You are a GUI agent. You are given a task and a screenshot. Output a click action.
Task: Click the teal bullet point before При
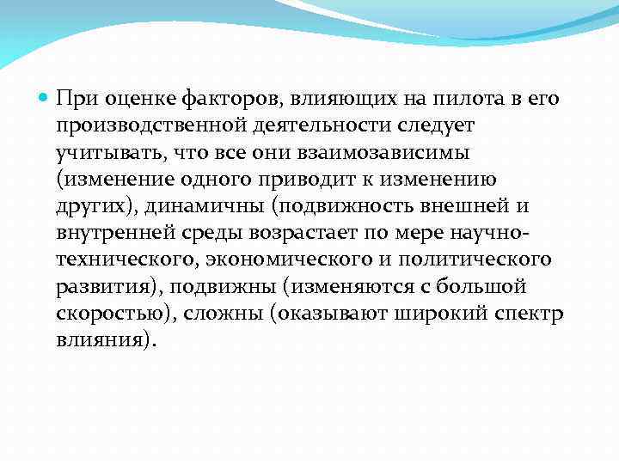tap(46, 98)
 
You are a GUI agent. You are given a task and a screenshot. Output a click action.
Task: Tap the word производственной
tap(152, 125)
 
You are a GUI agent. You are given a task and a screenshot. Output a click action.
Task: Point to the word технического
tap(130, 259)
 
